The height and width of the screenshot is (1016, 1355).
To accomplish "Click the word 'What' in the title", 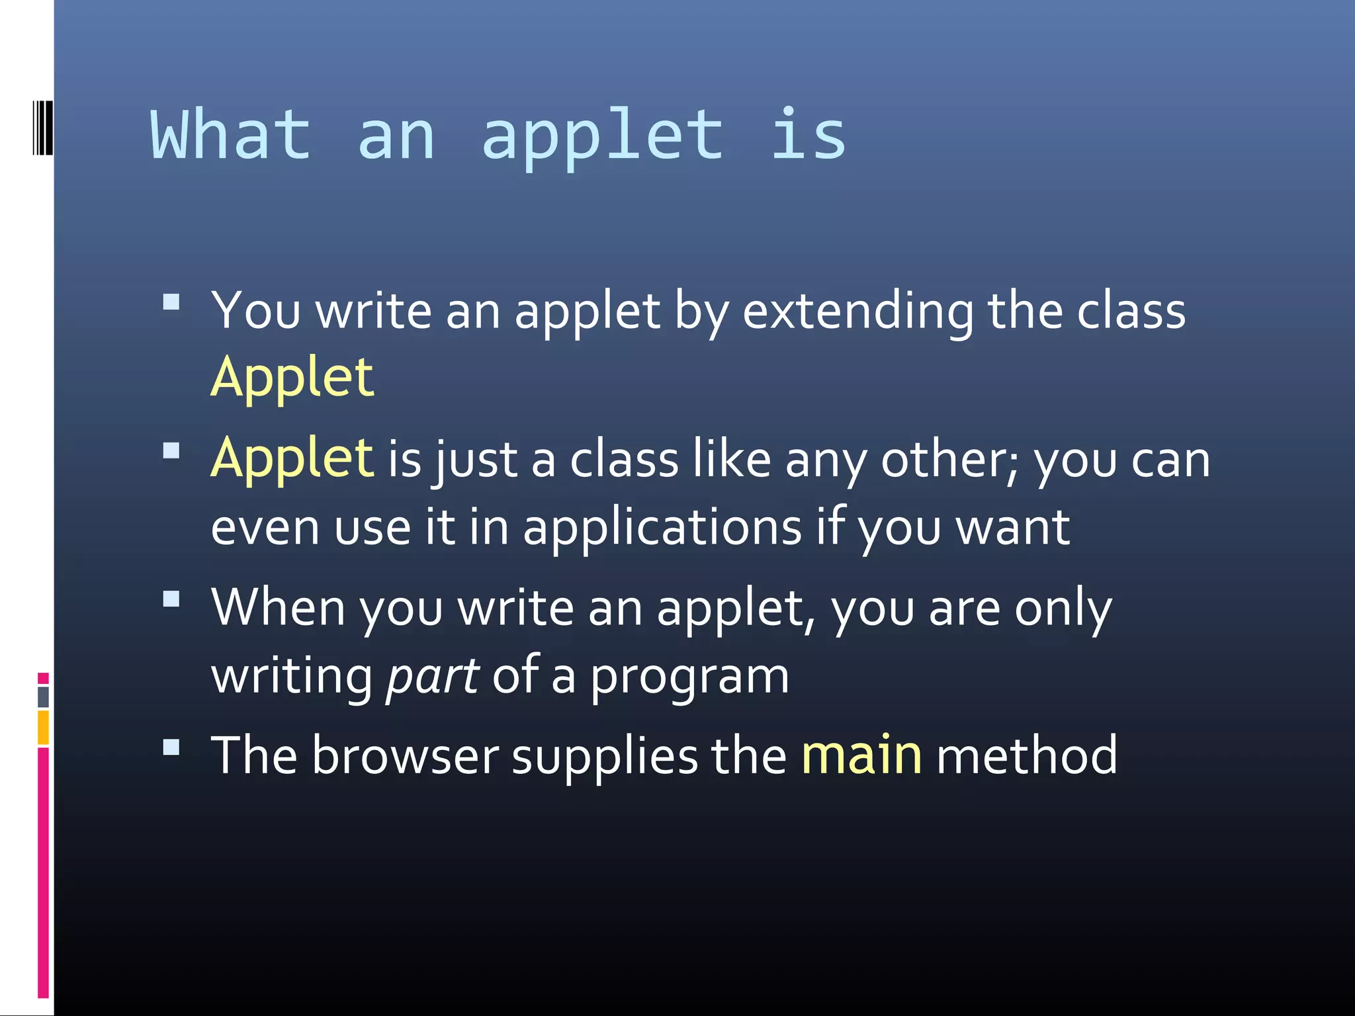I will (231, 135).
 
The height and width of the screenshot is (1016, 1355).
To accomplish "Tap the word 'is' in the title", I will (808, 135).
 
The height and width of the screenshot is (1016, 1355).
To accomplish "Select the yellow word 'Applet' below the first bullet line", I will (292, 377).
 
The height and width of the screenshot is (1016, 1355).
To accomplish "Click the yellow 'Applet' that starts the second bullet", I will (292, 458).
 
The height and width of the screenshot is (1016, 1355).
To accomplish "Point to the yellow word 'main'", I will (861, 755).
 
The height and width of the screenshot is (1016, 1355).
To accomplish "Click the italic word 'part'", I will (432, 676).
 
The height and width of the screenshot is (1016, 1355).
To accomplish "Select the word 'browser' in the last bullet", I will (405, 755).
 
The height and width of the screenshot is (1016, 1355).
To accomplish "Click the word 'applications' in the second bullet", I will (662, 528).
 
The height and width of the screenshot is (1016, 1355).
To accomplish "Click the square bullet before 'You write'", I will (171, 302).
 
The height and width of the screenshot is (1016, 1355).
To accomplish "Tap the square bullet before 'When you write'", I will (171, 599).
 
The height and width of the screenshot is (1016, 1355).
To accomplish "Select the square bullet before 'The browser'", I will (171, 747).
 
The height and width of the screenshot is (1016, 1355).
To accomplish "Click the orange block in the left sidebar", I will (43, 728).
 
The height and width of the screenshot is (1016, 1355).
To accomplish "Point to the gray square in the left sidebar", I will (43, 697).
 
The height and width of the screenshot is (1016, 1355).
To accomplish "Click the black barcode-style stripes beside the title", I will (42, 128).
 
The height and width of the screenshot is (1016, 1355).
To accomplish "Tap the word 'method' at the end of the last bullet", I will (1026, 755).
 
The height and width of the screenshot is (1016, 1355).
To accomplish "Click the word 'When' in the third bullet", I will (278, 607).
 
